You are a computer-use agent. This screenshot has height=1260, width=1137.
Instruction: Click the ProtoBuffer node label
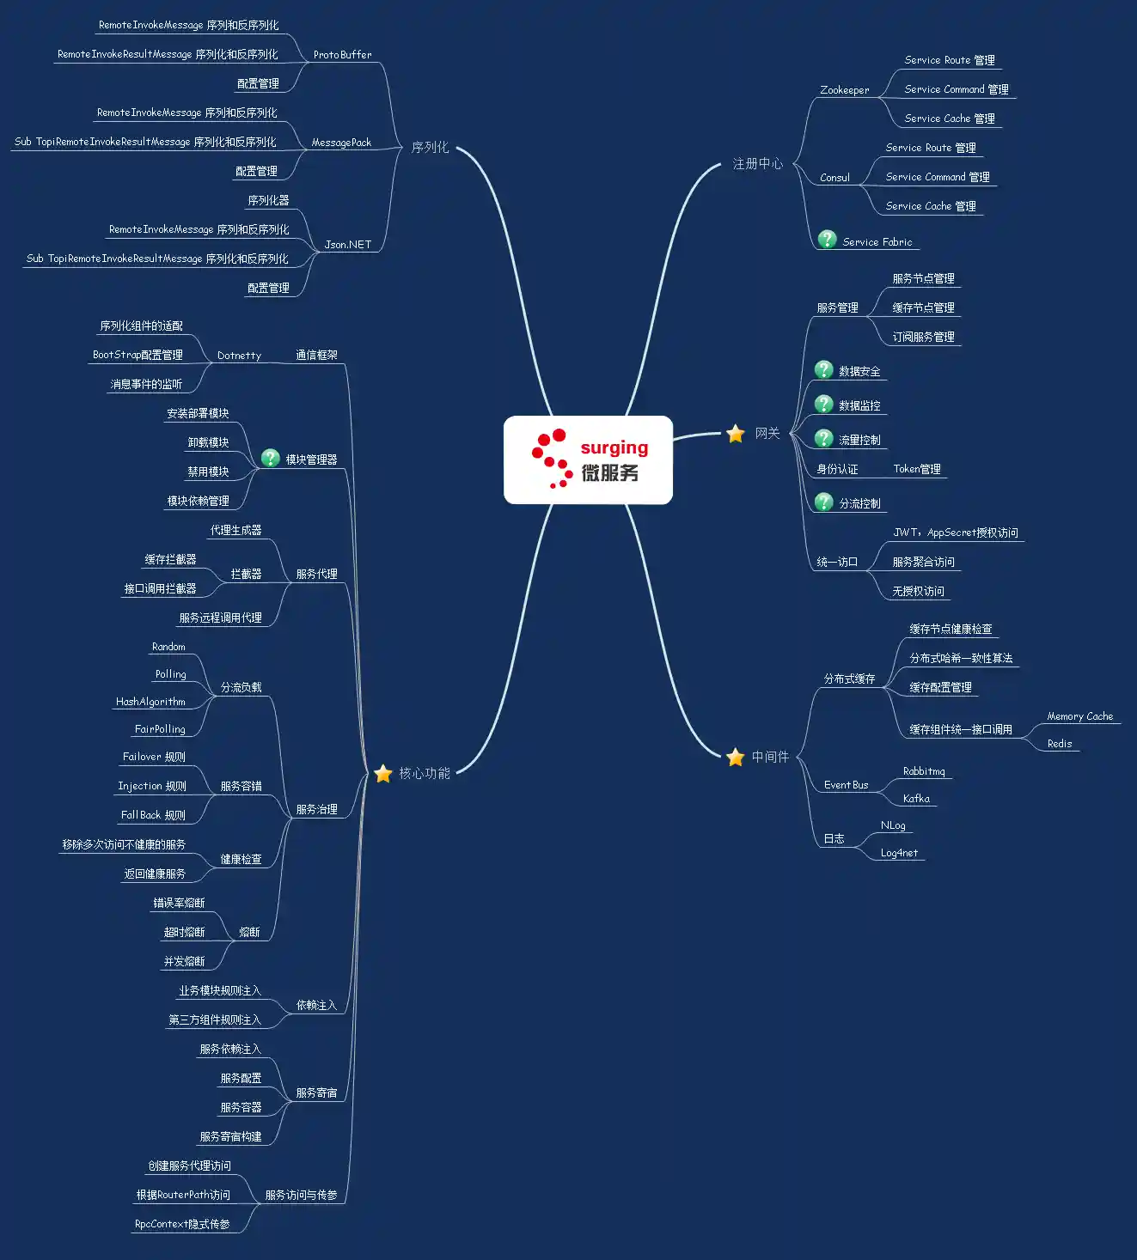click(343, 55)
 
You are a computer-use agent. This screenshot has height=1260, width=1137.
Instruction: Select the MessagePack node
click(341, 143)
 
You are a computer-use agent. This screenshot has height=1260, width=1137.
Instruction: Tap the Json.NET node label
click(347, 244)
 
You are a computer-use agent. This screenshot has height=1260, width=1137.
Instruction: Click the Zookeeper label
click(844, 90)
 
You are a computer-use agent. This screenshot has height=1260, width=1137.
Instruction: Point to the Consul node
click(834, 178)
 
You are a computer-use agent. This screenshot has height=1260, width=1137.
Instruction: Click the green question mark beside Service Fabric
click(827, 240)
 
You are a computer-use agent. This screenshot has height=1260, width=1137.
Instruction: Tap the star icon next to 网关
click(736, 434)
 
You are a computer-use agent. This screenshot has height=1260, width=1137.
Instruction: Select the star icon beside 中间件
click(736, 757)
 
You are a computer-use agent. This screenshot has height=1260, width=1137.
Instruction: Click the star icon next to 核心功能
click(382, 773)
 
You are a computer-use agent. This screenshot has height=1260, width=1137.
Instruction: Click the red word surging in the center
click(614, 448)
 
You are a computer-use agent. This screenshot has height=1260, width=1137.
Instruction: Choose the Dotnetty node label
click(239, 356)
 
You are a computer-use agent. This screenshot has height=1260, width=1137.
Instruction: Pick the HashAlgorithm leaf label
click(150, 702)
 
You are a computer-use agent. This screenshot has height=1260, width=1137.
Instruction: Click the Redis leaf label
click(1060, 744)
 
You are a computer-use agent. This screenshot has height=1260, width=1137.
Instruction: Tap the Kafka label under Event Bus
click(916, 798)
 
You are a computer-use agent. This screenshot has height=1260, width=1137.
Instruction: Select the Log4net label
click(899, 852)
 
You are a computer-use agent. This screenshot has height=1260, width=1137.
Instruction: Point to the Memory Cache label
click(1079, 716)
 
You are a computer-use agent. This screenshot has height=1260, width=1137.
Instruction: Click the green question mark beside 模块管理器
click(270, 458)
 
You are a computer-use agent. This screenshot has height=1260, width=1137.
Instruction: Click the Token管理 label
click(917, 469)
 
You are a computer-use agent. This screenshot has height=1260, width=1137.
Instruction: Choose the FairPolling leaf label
click(160, 729)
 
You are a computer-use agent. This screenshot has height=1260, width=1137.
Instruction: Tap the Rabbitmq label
click(924, 771)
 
